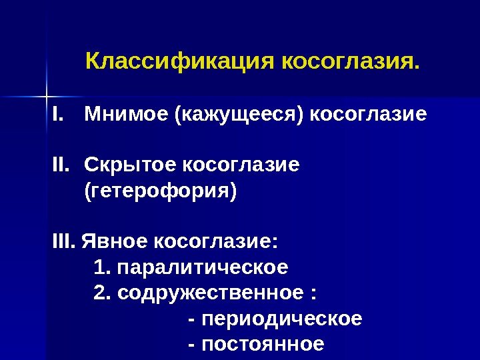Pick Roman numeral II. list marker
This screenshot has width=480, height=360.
pyautogui.click(x=63, y=163)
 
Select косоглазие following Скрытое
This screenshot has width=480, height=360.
pyautogui.click(x=241, y=163)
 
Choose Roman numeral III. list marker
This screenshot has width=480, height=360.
pyautogui.click(x=65, y=240)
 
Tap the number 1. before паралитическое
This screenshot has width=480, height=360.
pyautogui.click(x=103, y=268)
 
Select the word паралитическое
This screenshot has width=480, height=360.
pyautogui.click(x=203, y=268)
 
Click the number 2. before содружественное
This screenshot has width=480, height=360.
pyautogui.click(x=103, y=293)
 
